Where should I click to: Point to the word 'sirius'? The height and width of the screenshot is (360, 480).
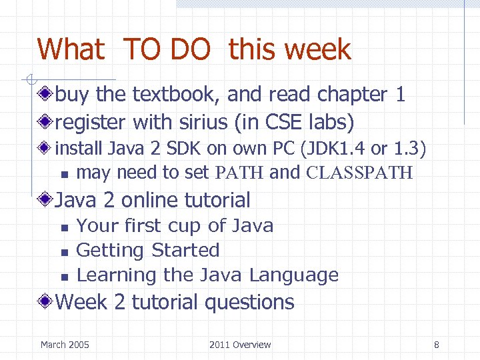point(193,122)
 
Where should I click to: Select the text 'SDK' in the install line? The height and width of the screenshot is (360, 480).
point(175,147)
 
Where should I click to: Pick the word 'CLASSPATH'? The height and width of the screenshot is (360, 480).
point(360,173)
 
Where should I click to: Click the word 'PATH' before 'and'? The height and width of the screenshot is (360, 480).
point(240,173)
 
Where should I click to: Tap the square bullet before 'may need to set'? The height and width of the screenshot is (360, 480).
point(63,174)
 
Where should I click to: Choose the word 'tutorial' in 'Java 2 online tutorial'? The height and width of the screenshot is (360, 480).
point(217,199)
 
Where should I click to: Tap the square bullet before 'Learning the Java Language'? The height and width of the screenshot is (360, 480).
point(63,276)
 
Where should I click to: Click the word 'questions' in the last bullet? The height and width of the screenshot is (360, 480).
point(249,302)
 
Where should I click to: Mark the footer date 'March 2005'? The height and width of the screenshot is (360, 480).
point(65,345)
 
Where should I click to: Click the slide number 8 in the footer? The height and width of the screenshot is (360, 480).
point(436,345)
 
